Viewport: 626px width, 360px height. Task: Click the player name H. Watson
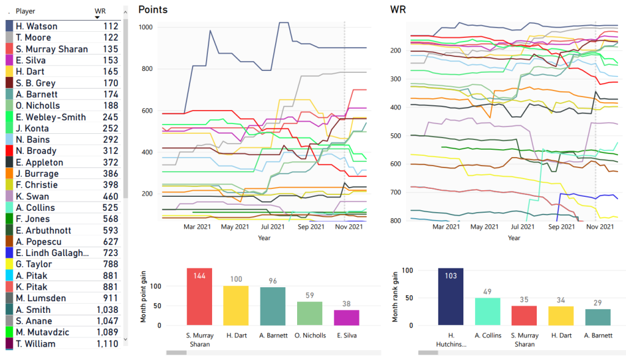(x=37, y=26)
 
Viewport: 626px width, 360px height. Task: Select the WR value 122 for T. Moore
(x=111, y=38)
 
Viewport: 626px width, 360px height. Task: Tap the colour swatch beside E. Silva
(x=9, y=61)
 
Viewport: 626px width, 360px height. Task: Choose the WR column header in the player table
(x=100, y=11)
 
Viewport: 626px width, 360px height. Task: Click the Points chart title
(x=153, y=10)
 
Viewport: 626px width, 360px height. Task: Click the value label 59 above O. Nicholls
(x=309, y=295)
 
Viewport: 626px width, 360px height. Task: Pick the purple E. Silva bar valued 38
(x=347, y=317)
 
